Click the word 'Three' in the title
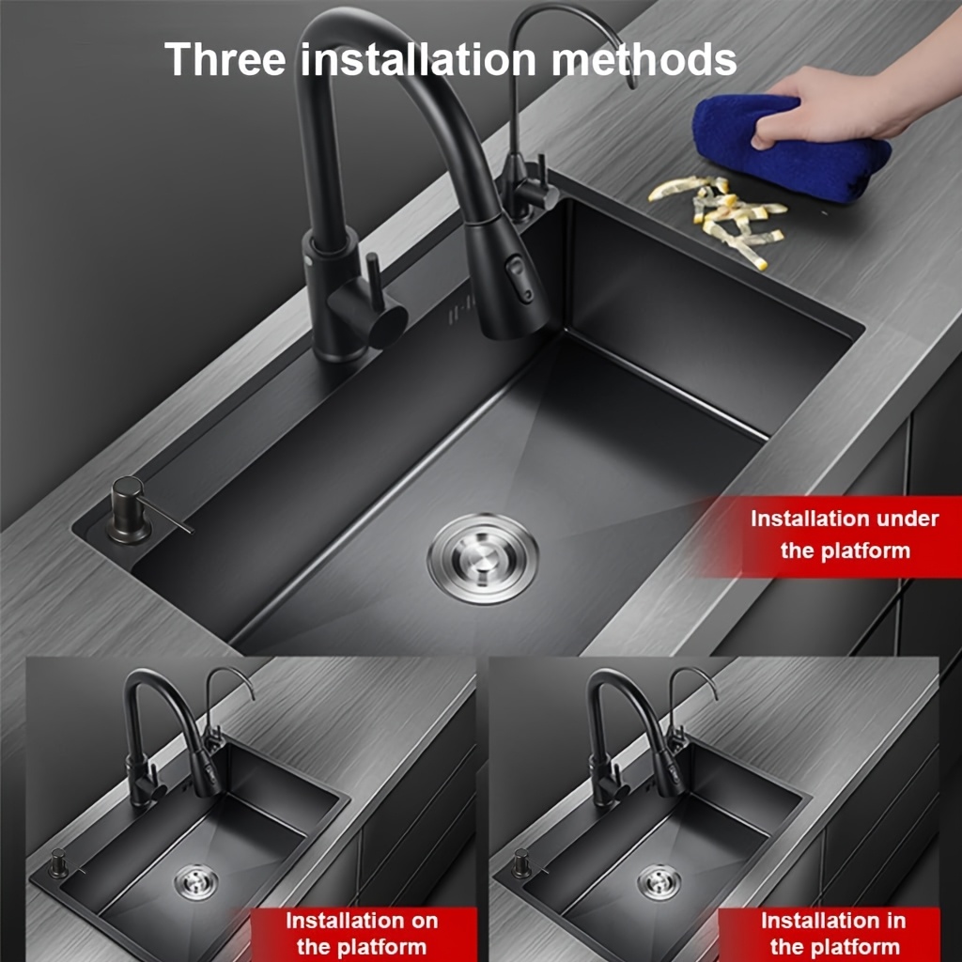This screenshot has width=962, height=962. (225, 59)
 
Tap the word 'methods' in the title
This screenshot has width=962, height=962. (644, 59)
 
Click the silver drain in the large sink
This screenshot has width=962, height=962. (483, 558)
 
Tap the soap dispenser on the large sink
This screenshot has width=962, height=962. (132, 510)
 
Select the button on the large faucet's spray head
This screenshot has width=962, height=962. (520, 279)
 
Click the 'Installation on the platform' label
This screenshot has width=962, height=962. (362, 934)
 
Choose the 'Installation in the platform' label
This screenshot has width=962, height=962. (832, 934)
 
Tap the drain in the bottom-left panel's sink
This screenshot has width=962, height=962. (195, 882)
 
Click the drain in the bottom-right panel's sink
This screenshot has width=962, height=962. (659, 882)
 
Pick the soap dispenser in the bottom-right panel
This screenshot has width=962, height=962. (522, 863)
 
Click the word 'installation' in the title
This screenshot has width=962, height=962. (418, 59)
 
